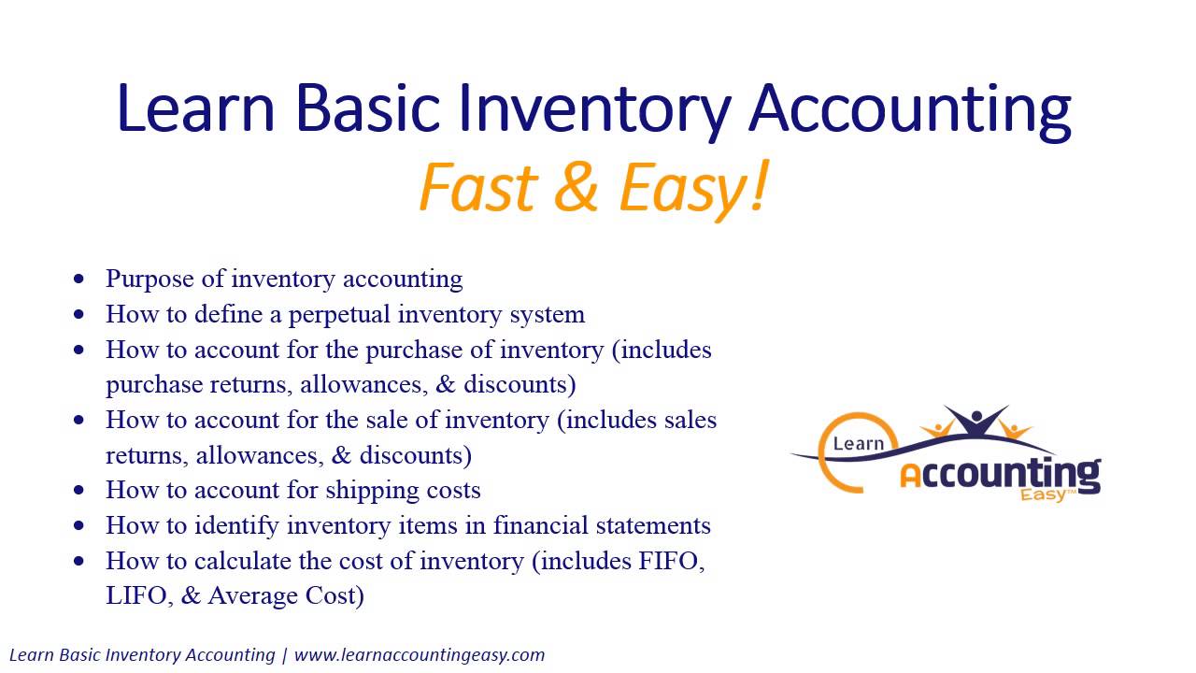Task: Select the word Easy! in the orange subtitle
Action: (x=693, y=187)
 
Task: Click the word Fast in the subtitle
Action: (x=476, y=187)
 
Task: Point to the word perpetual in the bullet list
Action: (x=339, y=314)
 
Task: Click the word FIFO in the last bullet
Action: (x=672, y=561)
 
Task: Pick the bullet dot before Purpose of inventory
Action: (x=78, y=279)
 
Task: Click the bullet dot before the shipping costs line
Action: (x=78, y=491)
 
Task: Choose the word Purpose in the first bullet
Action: (x=149, y=279)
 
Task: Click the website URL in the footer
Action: (x=420, y=654)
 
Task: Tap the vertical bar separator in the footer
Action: (x=284, y=654)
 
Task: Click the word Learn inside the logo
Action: (x=858, y=443)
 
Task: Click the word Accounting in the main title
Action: (x=909, y=109)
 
